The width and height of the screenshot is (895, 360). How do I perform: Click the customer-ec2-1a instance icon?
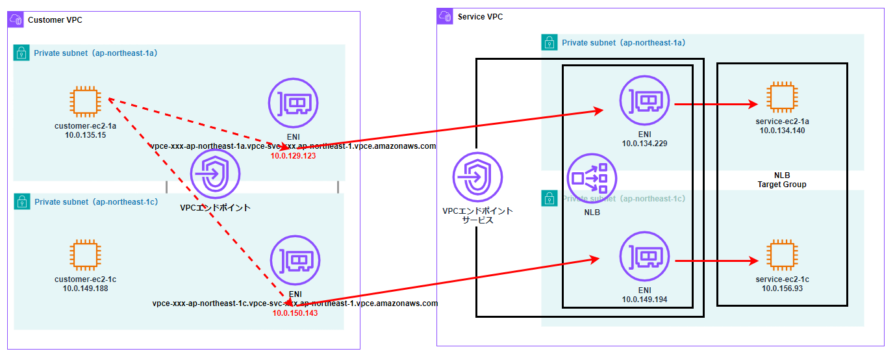(86, 102)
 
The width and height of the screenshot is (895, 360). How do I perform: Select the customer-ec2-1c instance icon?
(86, 255)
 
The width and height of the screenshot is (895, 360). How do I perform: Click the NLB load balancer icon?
(591, 177)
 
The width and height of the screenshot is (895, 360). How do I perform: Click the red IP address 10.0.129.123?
(293, 155)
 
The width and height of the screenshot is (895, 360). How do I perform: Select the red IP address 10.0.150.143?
(295, 313)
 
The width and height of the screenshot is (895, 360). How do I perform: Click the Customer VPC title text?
(55, 20)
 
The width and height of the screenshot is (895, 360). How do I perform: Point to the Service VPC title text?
(480, 16)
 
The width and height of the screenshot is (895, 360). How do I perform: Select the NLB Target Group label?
(781, 180)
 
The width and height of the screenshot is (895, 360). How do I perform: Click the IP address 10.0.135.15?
(86, 135)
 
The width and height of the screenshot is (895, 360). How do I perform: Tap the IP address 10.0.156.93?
(781, 288)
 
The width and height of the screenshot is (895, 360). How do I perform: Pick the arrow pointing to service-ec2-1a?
(716, 104)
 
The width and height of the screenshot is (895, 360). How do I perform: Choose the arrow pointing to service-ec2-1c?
(716, 261)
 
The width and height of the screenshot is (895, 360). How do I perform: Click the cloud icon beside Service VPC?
(446, 16)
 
